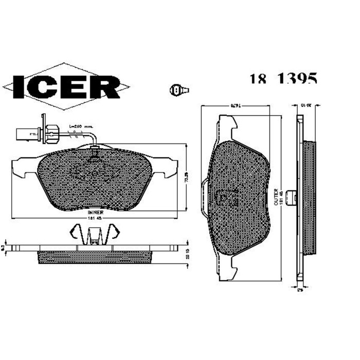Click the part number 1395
[297, 79]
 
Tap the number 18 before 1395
[258, 79]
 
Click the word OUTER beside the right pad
[276, 196]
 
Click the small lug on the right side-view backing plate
[292, 196]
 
